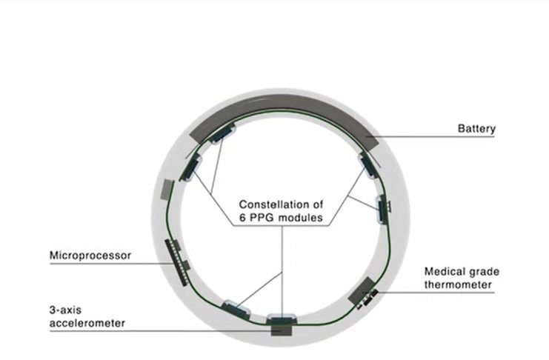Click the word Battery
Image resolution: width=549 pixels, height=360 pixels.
pyautogui.click(x=476, y=129)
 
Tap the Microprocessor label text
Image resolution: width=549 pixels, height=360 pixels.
pyautogui.click(x=90, y=256)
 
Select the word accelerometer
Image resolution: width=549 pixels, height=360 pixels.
pyautogui.click(x=87, y=323)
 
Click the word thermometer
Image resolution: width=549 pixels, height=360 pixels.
pyautogui.click(x=458, y=284)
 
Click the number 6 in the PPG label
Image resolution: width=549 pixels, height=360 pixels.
pyautogui.click(x=242, y=218)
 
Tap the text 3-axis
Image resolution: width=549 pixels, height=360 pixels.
pyautogui.click(x=65, y=310)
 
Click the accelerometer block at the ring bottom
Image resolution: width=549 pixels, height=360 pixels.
pyautogui.click(x=281, y=330)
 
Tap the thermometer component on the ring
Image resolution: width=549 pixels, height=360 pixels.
pyautogui.click(x=362, y=291)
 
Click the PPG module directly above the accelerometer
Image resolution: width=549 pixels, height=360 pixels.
pyautogui.click(x=282, y=319)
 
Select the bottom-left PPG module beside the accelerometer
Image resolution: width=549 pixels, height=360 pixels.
pyautogui.click(x=237, y=309)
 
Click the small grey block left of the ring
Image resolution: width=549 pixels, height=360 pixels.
pyautogui.click(x=167, y=190)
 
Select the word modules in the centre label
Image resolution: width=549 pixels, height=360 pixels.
pyautogui.click(x=301, y=218)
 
